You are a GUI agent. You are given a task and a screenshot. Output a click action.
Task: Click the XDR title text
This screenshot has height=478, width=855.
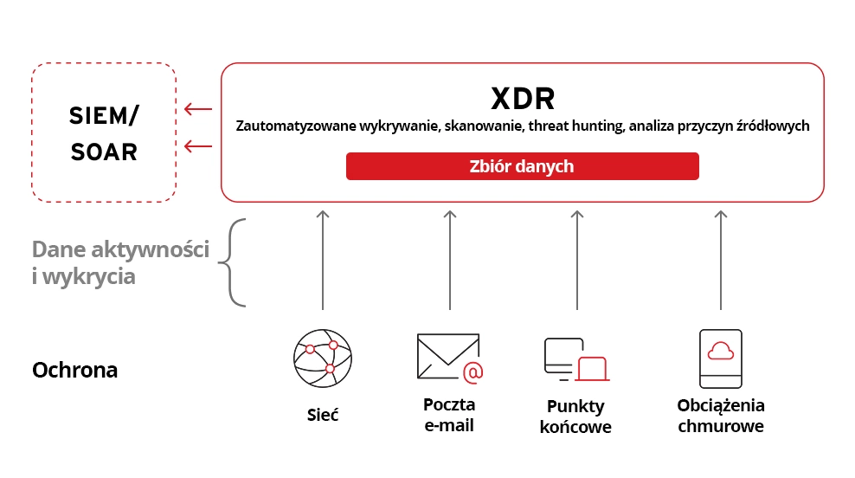[x=523, y=99]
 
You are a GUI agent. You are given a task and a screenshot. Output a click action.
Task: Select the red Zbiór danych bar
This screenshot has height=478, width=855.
[x=522, y=166]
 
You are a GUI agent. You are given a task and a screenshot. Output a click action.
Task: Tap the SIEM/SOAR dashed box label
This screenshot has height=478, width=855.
[x=104, y=133]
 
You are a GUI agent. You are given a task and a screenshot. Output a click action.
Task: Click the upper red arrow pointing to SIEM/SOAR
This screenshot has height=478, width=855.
[x=198, y=109]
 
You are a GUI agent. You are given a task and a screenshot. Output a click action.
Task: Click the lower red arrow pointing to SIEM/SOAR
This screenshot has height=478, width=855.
[x=198, y=147]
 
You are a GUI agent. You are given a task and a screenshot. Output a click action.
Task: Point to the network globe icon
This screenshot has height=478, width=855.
[x=323, y=358]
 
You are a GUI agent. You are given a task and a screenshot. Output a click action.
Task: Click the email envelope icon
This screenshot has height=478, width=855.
[x=449, y=358]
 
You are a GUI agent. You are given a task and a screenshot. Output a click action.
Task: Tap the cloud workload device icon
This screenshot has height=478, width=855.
[x=720, y=358]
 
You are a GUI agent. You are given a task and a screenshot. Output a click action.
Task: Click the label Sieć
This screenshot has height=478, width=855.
[x=322, y=415]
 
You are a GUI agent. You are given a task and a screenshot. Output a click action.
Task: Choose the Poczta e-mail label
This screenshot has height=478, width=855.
[x=449, y=415]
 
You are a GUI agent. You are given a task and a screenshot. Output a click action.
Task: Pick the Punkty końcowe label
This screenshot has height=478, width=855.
[x=575, y=417]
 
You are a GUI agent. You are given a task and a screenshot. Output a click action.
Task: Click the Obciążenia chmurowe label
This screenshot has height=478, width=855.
[x=721, y=416]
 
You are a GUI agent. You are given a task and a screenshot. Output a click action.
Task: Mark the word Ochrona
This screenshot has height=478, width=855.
[x=74, y=371]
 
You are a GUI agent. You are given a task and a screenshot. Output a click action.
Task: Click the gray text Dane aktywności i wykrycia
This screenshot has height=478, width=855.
[x=120, y=263]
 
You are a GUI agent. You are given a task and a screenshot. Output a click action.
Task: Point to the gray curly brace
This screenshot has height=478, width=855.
[x=234, y=262]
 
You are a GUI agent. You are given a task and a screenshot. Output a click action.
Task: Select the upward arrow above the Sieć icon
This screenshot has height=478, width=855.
[x=323, y=259]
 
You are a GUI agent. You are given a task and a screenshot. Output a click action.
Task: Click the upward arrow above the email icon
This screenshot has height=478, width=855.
[x=450, y=259]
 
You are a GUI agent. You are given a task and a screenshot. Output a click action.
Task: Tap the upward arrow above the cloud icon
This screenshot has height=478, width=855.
[x=721, y=259]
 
